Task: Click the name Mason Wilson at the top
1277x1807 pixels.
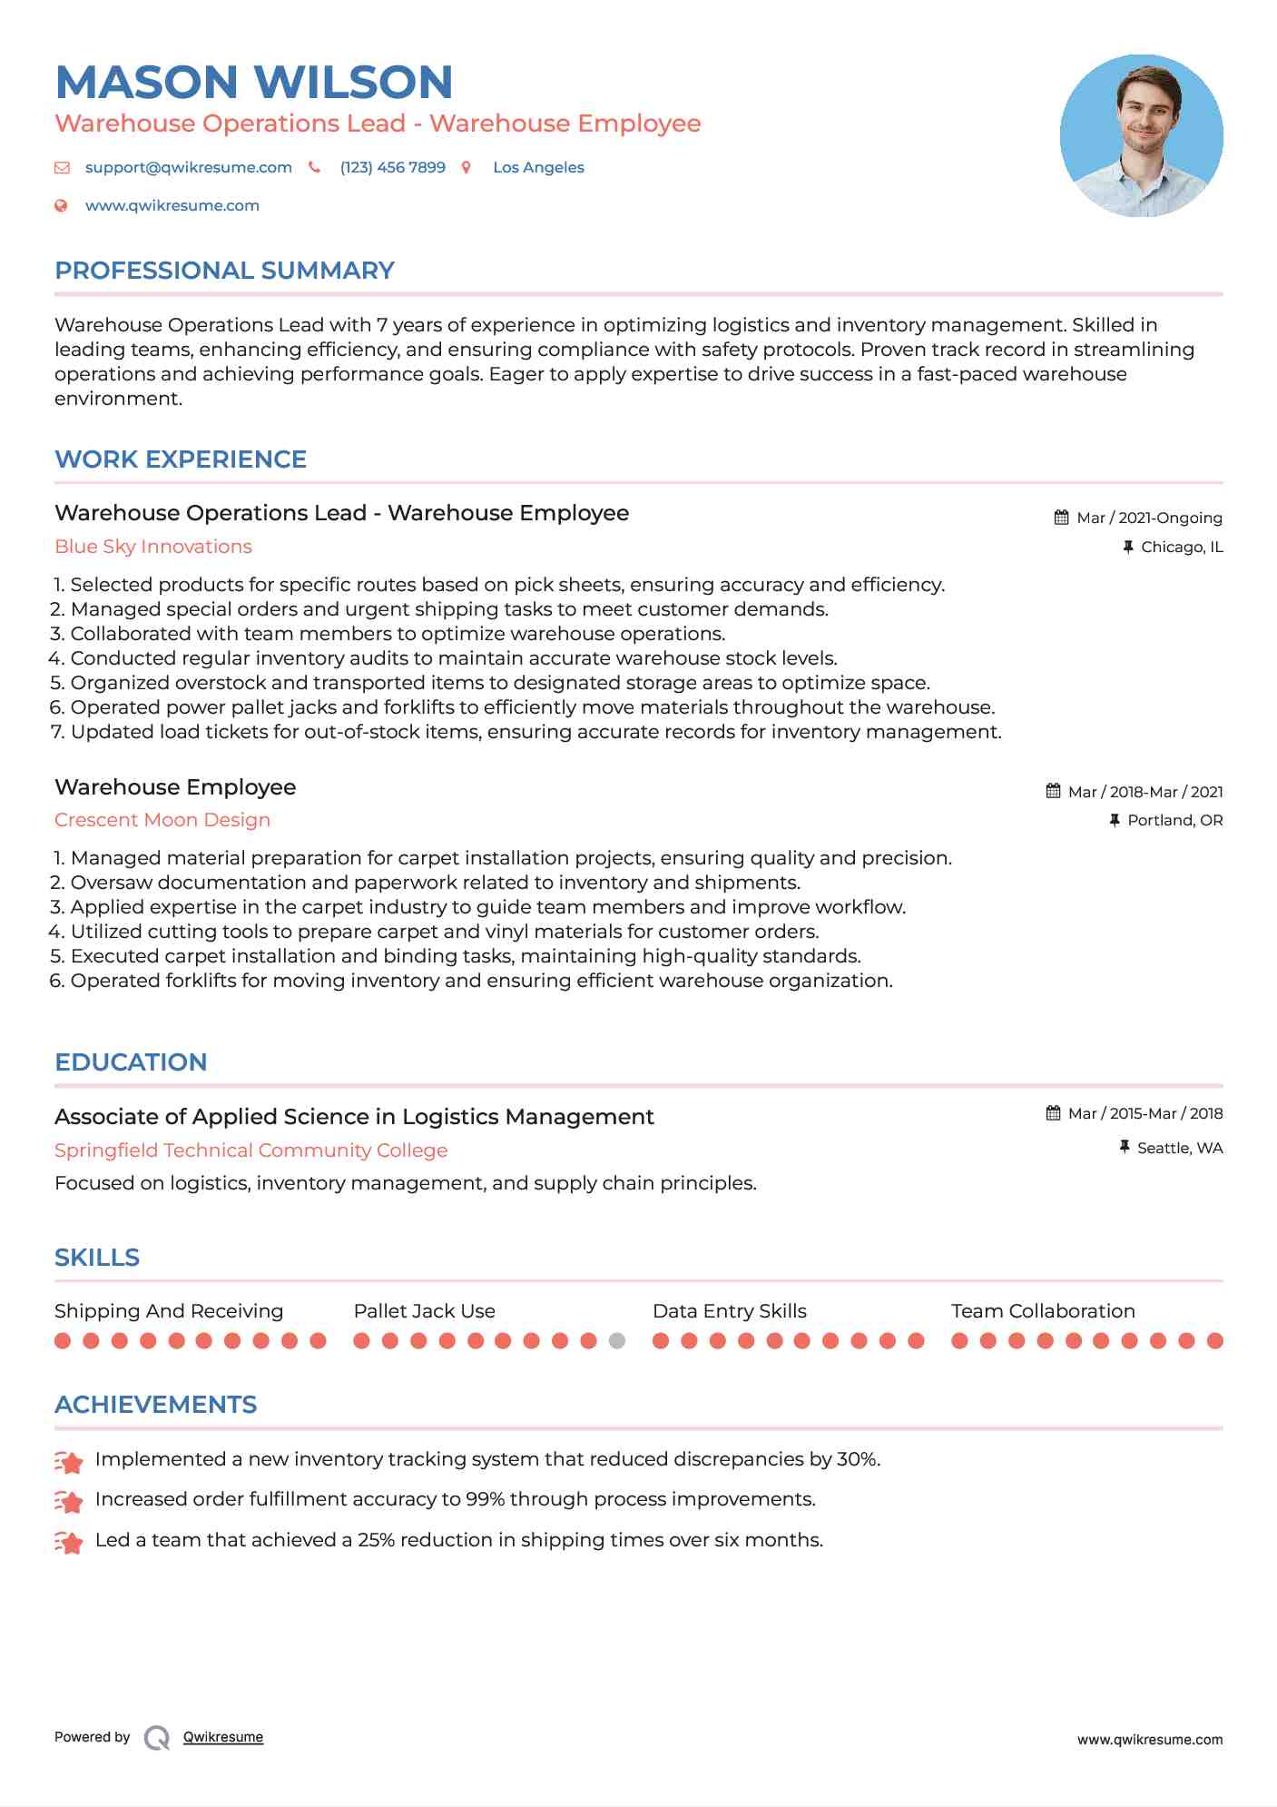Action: click(254, 82)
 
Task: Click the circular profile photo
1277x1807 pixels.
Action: click(1141, 135)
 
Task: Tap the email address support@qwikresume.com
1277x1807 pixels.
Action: click(188, 167)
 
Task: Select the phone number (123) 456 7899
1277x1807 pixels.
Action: click(392, 167)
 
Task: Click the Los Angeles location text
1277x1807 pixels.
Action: click(538, 167)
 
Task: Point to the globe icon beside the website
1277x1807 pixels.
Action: click(62, 205)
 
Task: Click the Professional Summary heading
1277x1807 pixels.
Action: click(224, 271)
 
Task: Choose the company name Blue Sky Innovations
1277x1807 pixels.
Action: click(153, 547)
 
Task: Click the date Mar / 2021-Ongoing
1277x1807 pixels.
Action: click(1149, 518)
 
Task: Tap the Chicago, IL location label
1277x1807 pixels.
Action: click(1182, 547)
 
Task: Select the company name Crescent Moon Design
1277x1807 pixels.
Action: click(162, 820)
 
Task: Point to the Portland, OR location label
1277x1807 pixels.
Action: click(1174, 820)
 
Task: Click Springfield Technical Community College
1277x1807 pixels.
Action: click(251, 1150)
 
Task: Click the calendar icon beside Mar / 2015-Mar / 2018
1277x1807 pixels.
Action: click(1053, 1113)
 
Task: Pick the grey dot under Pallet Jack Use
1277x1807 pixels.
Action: click(617, 1340)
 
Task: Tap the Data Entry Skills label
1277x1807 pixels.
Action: click(729, 1311)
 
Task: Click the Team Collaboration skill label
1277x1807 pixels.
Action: click(1043, 1311)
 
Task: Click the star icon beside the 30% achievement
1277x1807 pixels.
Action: click(69, 1461)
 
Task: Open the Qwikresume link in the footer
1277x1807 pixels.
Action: click(223, 1737)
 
